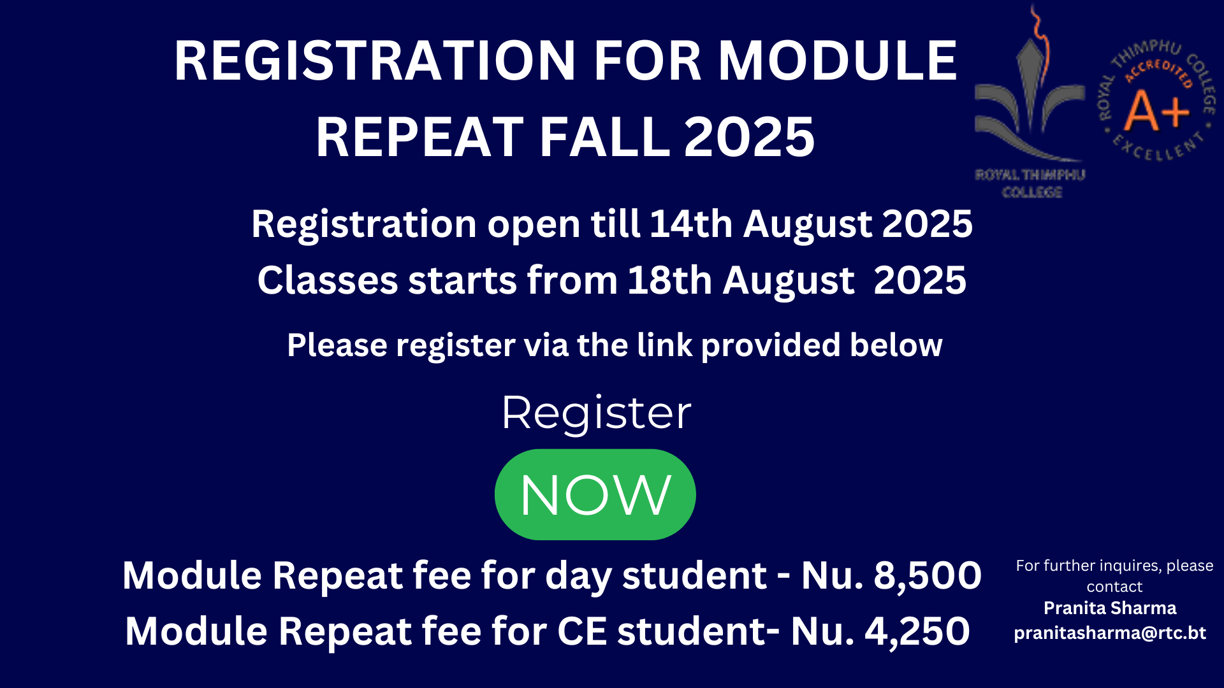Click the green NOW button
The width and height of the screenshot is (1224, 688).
coord(595,494)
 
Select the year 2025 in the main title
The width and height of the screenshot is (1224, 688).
coord(749,137)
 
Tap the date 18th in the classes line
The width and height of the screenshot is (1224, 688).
coord(669,280)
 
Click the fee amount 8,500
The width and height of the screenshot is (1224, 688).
coord(928,576)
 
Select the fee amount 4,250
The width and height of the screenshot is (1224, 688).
coord(917,631)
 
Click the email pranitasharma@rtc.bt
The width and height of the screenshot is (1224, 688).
coord(1110,633)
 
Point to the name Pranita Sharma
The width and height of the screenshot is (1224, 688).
coord(1110,608)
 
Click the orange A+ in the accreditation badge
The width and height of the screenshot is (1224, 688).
coord(1156,110)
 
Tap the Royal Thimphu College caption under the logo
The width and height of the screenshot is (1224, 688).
coord(1030,183)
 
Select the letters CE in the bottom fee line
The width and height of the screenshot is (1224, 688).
coord(582,631)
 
